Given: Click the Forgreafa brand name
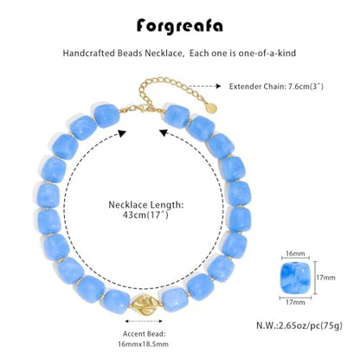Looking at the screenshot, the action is (x=180, y=27).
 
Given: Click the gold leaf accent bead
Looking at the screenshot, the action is (x=145, y=305).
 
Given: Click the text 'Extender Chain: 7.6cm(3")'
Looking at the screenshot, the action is (x=276, y=87).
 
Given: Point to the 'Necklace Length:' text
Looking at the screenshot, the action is (x=146, y=205).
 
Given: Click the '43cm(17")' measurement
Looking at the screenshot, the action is (x=145, y=215).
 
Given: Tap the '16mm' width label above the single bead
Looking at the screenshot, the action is (x=295, y=254).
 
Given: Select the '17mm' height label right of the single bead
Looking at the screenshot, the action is (x=325, y=278).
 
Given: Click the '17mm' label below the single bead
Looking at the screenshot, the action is (x=295, y=302).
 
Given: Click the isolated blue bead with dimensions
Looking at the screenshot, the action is (x=295, y=278).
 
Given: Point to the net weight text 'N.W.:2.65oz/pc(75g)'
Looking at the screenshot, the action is (x=299, y=325).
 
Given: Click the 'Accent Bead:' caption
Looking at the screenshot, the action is (x=145, y=334).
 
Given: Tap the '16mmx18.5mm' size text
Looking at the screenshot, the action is (x=144, y=344).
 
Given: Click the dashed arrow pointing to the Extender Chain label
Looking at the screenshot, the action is (x=205, y=86).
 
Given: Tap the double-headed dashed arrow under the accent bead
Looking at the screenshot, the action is (x=144, y=321).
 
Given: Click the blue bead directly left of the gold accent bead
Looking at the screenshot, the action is (x=117, y=302).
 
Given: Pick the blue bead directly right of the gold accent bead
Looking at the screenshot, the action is (x=175, y=299).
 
